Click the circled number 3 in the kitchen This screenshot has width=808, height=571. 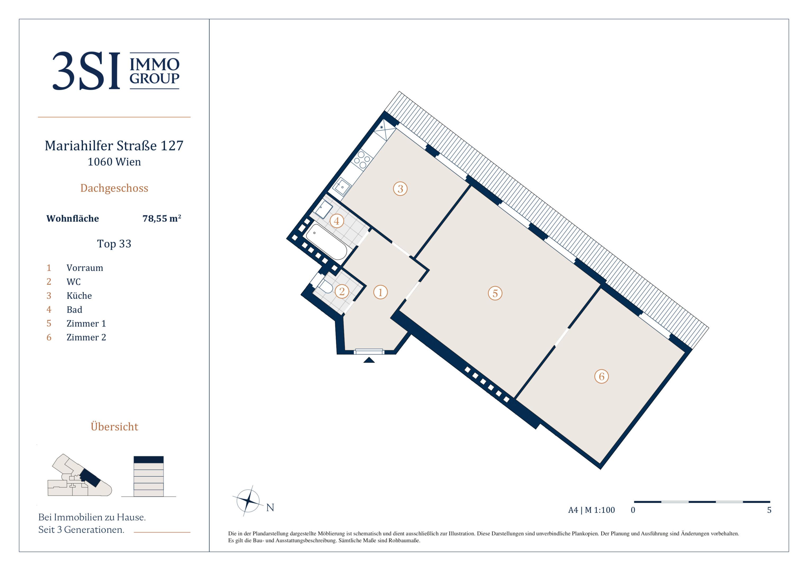click(x=400, y=188)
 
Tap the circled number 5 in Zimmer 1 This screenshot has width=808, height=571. click(x=495, y=293)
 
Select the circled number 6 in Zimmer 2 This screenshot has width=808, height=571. click(x=601, y=376)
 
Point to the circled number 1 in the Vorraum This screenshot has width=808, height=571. click(x=380, y=292)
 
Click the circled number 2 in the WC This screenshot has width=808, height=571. click(x=342, y=291)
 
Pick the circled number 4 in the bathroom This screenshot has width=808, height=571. click(x=336, y=221)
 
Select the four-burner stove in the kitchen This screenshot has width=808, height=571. click(x=362, y=160)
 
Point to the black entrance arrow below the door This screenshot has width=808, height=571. click(x=369, y=360)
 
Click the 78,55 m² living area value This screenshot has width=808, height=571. click(x=162, y=218)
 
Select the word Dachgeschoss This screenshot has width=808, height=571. click(x=114, y=188)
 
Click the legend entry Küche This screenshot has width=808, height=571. click(x=79, y=296)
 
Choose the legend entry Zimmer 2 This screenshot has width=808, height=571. click(x=86, y=337)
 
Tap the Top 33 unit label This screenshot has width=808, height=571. click(x=114, y=243)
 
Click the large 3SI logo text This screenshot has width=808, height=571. click(x=86, y=71)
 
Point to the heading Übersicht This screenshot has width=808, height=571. click(x=114, y=426)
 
